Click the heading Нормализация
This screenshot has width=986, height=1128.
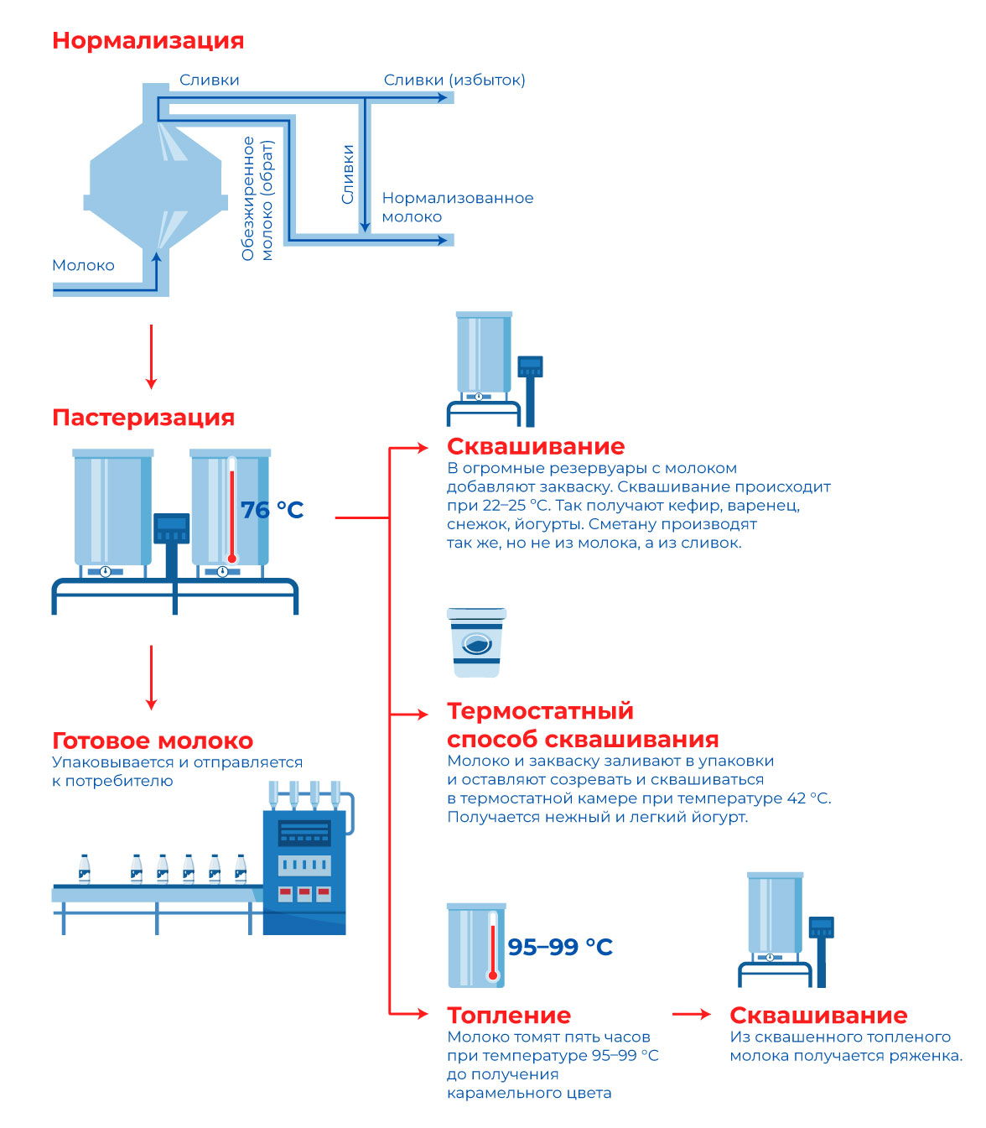click(148, 41)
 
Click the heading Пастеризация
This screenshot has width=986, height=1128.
click(143, 418)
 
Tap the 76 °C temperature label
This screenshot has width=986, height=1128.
click(272, 509)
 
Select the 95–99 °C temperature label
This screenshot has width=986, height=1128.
click(560, 947)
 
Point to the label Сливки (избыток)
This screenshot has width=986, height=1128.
click(454, 81)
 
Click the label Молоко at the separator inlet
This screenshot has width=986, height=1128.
click(83, 266)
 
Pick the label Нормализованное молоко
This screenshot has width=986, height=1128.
click(458, 207)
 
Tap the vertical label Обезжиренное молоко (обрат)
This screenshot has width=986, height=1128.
click(257, 199)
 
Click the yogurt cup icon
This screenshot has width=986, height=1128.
click(476, 642)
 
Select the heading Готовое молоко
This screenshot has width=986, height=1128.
click(153, 741)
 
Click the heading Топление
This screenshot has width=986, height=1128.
click(509, 1015)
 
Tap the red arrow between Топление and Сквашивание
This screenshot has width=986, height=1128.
click(692, 1014)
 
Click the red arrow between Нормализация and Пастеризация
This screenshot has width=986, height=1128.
click(151, 356)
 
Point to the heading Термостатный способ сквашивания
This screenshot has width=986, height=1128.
click(583, 725)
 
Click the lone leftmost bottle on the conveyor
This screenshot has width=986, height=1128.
click(84, 869)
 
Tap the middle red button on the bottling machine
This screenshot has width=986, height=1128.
click(304, 893)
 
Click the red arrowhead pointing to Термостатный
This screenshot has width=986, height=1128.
click(423, 715)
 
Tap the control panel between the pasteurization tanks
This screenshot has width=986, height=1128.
click(171, 528)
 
